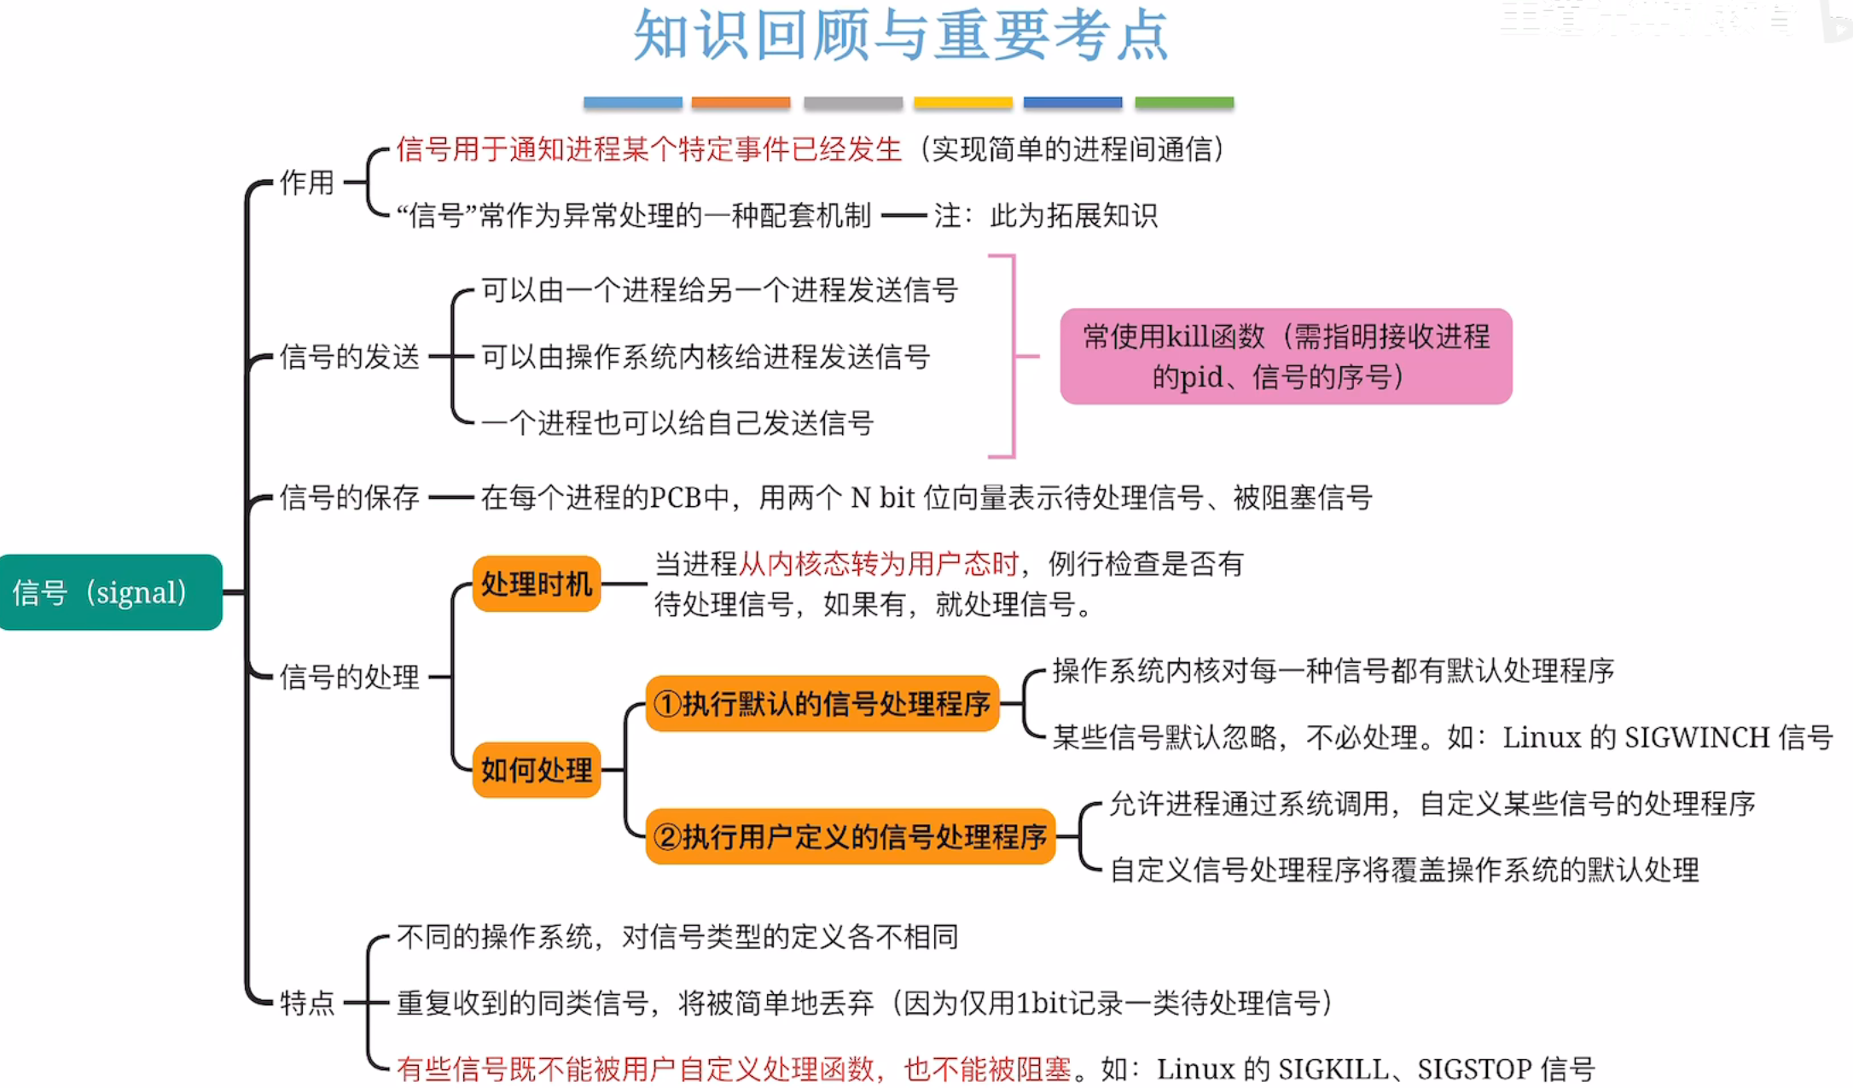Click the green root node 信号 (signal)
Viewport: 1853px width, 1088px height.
[110, 592]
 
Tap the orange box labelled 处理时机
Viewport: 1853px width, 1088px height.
[537, 585]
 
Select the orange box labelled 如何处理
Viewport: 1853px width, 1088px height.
[537, 770]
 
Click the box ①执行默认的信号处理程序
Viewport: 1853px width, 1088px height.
[822, 704]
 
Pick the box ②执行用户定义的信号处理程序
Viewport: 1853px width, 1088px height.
[850, 837]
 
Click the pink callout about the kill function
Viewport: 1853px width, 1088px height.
[1286, 357]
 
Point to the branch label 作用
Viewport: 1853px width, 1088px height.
[307, 183]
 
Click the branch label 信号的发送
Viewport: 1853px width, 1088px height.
[350, 357]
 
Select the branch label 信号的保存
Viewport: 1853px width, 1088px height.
[350, 497]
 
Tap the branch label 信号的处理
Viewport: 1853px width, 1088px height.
[350, 678]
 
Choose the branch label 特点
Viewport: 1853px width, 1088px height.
[307, 1003]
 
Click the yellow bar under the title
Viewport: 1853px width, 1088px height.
[962, 102]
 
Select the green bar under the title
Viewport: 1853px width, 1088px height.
[1184, 102]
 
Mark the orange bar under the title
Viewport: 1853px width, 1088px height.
[741, 102]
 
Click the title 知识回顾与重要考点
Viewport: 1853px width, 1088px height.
[901, 36]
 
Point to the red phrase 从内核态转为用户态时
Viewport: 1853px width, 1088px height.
[879, 564]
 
